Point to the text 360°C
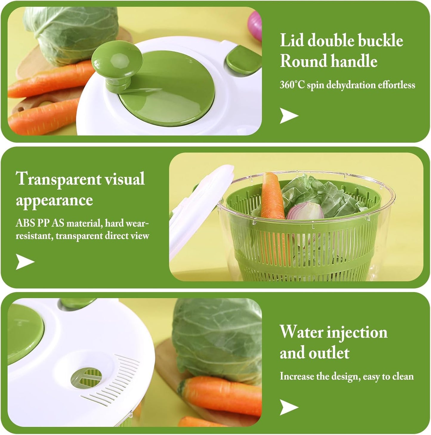(x=292, y=85)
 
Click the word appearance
(x=54, y=200)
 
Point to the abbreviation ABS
(x=25, y=223)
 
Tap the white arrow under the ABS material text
(x=25, y=262)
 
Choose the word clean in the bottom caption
(x=403, y=377)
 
